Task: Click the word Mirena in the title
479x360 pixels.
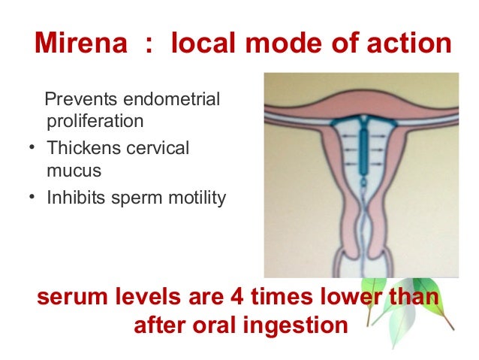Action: pos(82,44)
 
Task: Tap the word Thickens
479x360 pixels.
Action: pos(80,149)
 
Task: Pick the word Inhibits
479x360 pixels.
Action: pos(74,198)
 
